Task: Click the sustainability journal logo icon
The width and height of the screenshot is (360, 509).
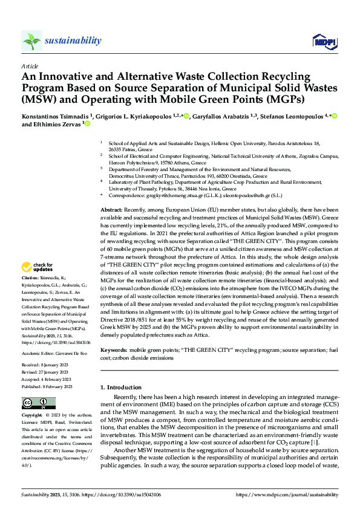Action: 31,41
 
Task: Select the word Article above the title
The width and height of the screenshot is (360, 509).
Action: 30,65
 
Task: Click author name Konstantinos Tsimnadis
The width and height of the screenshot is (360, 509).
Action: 47,115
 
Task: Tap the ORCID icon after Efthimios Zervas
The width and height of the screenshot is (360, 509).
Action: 87,125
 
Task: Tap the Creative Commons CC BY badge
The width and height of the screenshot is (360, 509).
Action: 38,403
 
